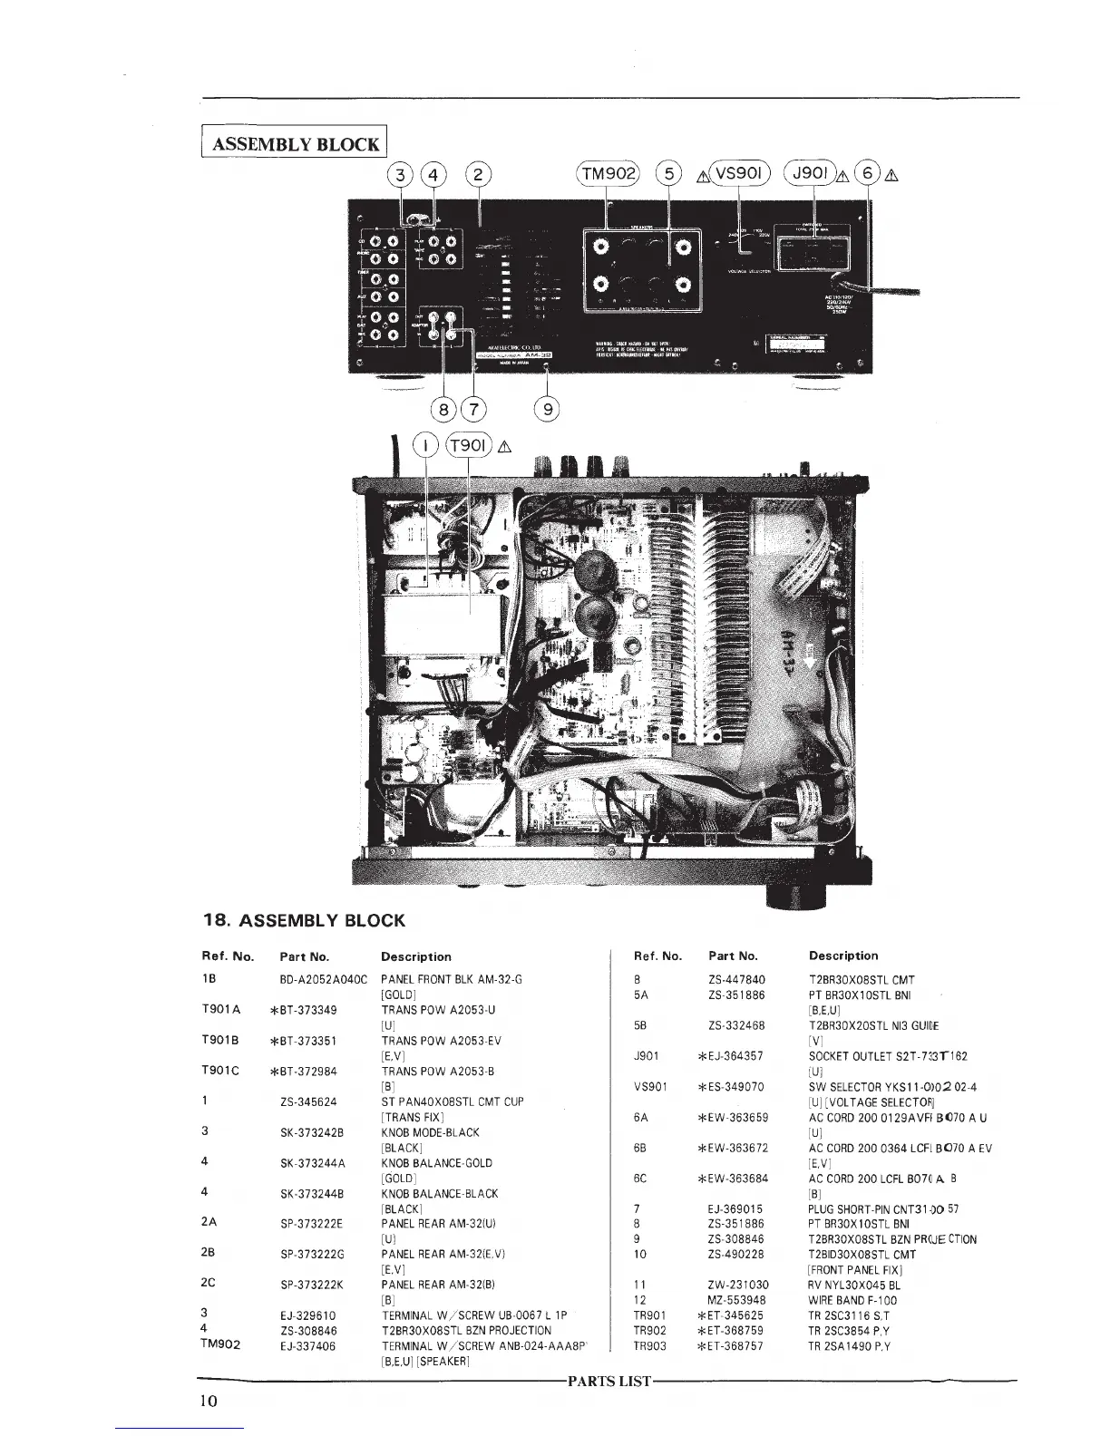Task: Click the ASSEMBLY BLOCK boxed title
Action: click(x=296, y=143)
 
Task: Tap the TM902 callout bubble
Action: click(x=608, y=172)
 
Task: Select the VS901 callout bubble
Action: click(x=739, y=172)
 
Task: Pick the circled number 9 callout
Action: click(x=546, y=408)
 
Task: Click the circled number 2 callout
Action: click(x=479, y=172)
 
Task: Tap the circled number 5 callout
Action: click(x=668, y=172)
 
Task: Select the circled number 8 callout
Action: click(x=443, y=408)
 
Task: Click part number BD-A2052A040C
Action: click(x=323, y=980)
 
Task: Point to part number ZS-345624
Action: click(x=308, y=1101)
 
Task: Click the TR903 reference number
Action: click(x=650, y=1346)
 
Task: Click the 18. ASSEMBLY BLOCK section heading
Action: click(x=302, y=921)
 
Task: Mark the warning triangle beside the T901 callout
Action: click(x=505, y=445)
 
